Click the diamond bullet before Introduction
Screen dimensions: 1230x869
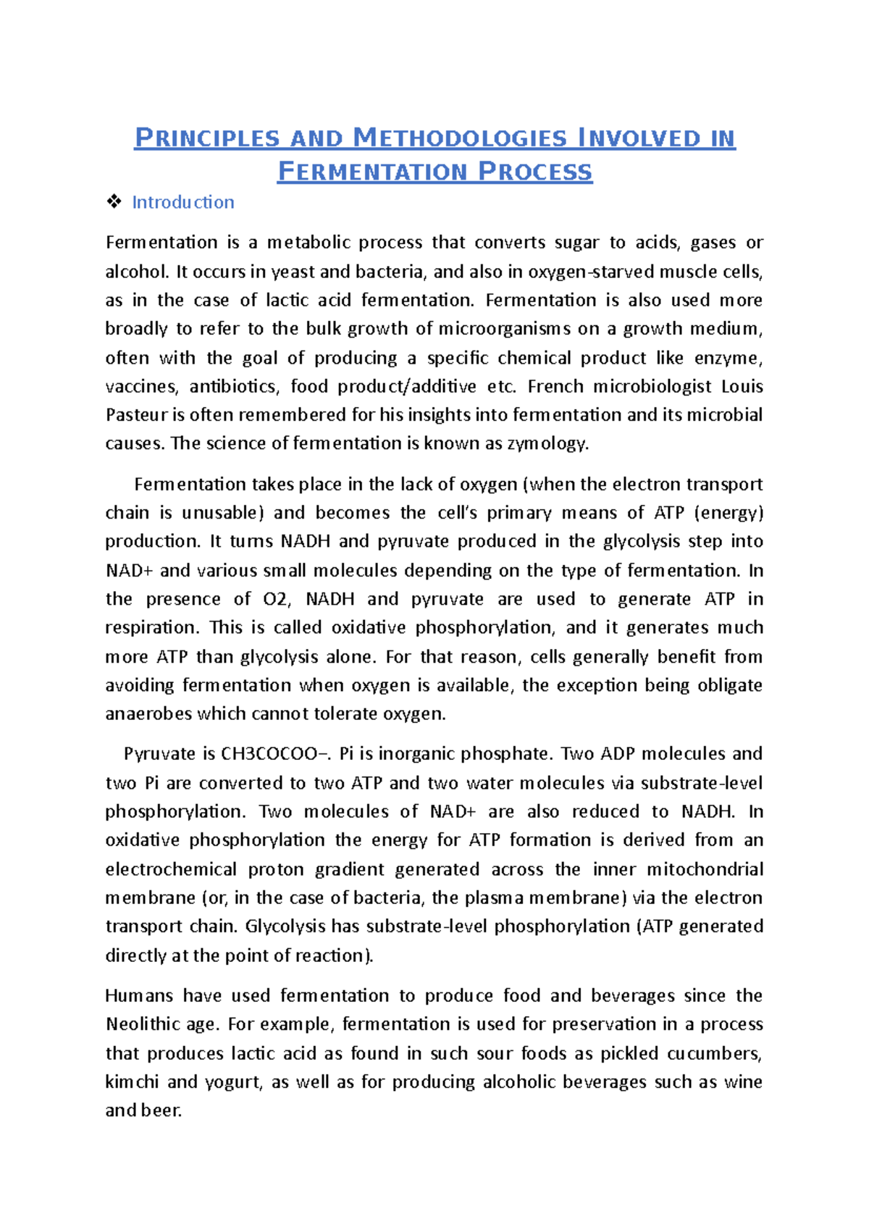coord(114,202)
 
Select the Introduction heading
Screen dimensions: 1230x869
coord(182,202)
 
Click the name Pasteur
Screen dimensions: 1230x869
coord(135,415)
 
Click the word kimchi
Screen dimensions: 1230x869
coord(132,1082)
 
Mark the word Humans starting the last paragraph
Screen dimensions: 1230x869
coord(139,996)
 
